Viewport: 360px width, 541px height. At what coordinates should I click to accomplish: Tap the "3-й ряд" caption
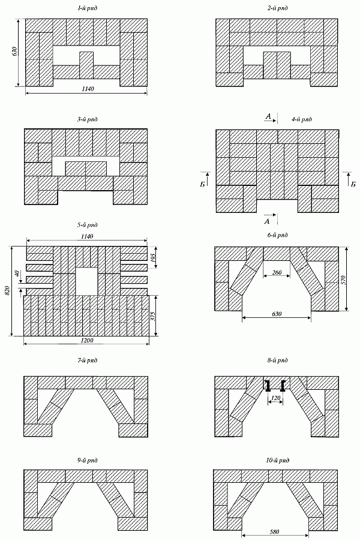[x=86, y=120]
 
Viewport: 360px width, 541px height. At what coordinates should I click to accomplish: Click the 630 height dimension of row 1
[x=14, y=52]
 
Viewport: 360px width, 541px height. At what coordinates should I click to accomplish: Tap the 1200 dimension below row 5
[x=86, y=340]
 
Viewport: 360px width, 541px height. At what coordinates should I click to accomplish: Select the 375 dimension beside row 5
[x=154, y=315]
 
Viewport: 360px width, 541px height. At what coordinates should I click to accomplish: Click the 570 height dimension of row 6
[x=352, y=279]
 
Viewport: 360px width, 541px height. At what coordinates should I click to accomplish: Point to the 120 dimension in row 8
[x=276, y=398]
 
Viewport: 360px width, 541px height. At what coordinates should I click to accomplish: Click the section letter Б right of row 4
[x=353, y=184]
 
